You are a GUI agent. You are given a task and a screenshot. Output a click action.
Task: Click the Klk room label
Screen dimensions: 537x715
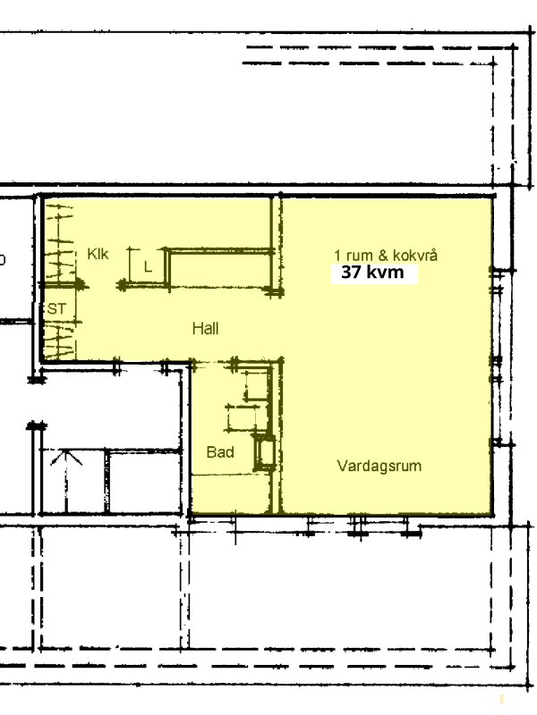[x=98, y=254]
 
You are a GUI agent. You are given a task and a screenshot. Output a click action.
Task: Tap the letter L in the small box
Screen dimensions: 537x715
[x=148, y=266]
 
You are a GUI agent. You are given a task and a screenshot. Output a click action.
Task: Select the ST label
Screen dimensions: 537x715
[x=56, y=308]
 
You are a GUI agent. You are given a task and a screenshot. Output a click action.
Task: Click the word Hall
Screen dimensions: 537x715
[x=206, y=328]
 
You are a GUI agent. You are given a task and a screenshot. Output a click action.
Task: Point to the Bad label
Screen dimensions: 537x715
[x=220, y=452]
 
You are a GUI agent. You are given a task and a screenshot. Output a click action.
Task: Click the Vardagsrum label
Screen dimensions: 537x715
[x=379, y=466]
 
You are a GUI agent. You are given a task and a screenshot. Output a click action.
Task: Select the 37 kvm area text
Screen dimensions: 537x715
[x=372, y=273]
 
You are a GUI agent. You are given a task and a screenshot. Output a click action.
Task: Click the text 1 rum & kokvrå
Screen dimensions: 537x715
[x=386, y=255]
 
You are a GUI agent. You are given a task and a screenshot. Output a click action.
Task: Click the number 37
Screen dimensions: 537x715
[x=351, y=273]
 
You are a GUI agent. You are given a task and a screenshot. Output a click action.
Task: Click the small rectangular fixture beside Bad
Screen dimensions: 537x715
[x=264, y=452]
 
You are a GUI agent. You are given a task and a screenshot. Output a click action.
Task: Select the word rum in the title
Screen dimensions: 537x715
[x=359, y=257]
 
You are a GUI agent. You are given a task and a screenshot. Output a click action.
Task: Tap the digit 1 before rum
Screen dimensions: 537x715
[x=337, y=256]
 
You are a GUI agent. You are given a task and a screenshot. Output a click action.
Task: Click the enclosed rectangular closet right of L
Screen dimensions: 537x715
[x=220, y=268]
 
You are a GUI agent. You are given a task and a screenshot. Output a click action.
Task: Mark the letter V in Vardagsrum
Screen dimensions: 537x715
[x=342, y=466]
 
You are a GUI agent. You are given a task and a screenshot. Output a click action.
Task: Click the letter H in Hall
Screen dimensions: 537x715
[x=197, y=328]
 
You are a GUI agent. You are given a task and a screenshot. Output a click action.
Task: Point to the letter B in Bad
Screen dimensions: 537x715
[x=211, y=452]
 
